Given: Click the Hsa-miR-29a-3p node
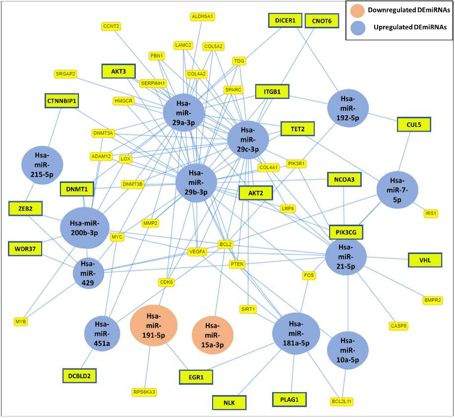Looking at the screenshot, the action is click(x=184, y=113).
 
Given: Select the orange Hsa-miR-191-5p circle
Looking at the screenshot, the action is click(x=154, y=325).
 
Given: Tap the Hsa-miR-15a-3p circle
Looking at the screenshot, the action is click(x=213, y=335).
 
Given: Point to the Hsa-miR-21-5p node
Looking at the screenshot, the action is click(x=345, y=257).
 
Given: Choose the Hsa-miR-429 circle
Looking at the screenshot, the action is click(x=88, y=273).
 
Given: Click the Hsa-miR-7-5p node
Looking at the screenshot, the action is click(x=397, y=190).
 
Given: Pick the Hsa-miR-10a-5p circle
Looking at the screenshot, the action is click(x=347, y=350).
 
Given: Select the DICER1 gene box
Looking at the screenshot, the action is click(x=285, y=20).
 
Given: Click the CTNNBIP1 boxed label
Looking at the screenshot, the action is click(x=61, y=101).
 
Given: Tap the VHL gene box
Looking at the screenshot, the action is click(x=425, y=260).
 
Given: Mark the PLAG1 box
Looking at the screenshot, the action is click(x=289, y=400).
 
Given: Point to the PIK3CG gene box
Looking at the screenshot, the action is click(x=346, y=232).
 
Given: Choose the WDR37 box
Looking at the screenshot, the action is click(x=25, y=249).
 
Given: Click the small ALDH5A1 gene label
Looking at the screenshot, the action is click(x=203, y=16).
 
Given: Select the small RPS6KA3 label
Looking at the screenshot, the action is click(x=144, y=392).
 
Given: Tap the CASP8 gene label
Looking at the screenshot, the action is click(x=398, y=326).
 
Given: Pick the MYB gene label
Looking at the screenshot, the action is click(x=21, y=322).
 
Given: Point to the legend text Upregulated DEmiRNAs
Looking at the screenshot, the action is click(x=410, y=27).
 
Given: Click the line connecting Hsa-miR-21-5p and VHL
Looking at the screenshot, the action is click(x=388, y=258).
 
